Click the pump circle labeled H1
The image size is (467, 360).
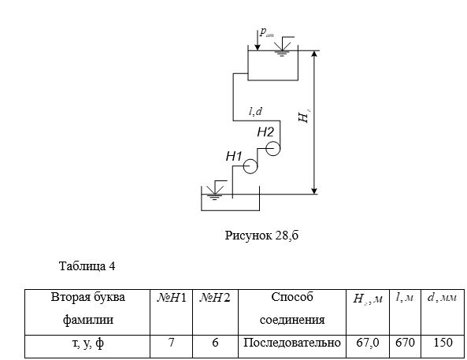(250, 159)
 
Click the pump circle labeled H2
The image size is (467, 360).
(272, 141)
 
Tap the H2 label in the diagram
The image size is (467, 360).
(265, 132)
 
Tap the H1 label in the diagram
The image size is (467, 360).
(234, 156)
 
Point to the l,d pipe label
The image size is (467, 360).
(255, 111)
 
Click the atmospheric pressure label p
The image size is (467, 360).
(266, 32)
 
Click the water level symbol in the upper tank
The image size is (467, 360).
(284, 46)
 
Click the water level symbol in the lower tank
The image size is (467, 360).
(216, 190)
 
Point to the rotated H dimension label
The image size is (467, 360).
(304, 117)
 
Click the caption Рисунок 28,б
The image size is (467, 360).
(261, 236)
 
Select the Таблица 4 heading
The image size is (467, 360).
(87, 265)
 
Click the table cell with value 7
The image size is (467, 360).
(171, 347)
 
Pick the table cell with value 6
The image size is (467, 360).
(215, 347)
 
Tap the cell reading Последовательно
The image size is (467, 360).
(292, 347)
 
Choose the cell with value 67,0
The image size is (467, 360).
(368, 347)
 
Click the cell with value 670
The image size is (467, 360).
(405, 347)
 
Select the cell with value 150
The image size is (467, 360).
(443, 347)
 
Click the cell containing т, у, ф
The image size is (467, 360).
(87, 347)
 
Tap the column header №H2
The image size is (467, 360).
(215, 312)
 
